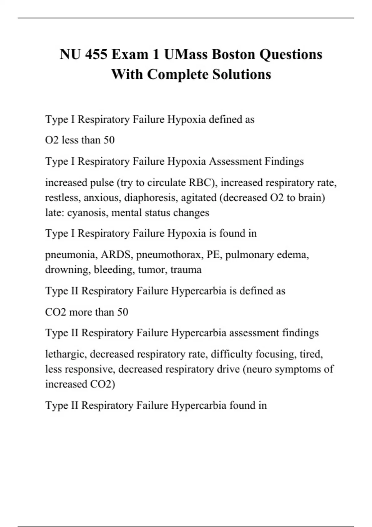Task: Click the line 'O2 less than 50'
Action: click(80, 140)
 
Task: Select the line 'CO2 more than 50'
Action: click(86, 312)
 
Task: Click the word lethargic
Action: click(65, 354)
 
